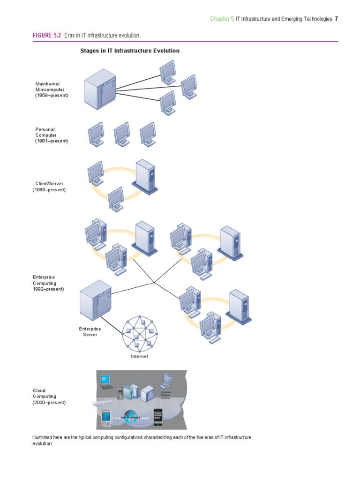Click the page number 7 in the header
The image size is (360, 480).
tap(336, 19)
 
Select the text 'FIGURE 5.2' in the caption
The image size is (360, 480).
tap(46, 36)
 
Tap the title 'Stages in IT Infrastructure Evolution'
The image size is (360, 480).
tap(130, 51)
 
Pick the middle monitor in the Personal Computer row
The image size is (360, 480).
tap(121, 134)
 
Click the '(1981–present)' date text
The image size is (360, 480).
tap(52, 141)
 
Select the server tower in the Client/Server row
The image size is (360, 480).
tap(144, 176)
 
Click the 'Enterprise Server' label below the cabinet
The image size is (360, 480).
tap(90, 331)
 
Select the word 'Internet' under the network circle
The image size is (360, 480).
tap(139, 356)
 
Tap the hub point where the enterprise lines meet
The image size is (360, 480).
tap(154, 282)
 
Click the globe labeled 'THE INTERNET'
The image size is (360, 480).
tap(130, 417)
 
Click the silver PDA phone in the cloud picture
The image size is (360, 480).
tap(105, 417)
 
